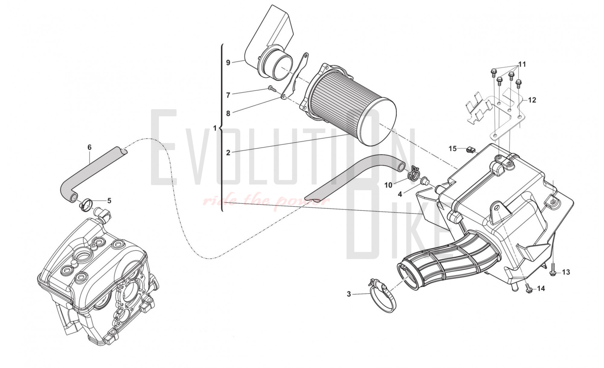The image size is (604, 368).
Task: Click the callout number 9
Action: pos(228,63)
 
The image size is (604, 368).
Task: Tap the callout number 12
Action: pos(532,100)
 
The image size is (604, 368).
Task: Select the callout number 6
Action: pos(89,147)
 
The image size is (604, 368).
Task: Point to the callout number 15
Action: pos(452,149)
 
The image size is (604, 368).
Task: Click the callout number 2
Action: pos(228,153)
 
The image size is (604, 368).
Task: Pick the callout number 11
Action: pos(522,64)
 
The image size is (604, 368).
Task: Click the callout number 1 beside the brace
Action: pos(215,128)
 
